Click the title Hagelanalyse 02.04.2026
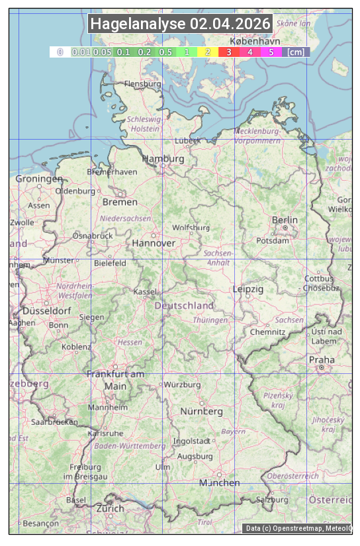(x=180, y=24)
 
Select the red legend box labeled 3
(x=228, y=52)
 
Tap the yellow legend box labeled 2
(x=208, y=52)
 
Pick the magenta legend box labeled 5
(x=271, y=52)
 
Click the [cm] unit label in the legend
(x=296, y=52)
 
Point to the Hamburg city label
(x=163, y=159)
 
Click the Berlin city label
(x=285, y=220)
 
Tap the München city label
(x=220, y=482)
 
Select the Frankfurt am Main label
(x=115, y=379)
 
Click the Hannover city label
(x=154, y=243)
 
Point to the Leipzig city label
(x=248, y=289)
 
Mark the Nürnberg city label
(x=202, y=411)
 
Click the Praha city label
(x=322, y=359)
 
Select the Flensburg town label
(x=143, y=84)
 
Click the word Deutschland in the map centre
(x=184, y=305)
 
